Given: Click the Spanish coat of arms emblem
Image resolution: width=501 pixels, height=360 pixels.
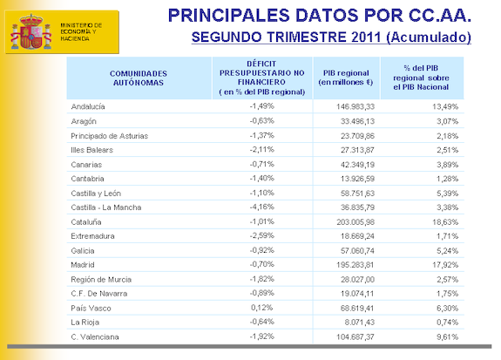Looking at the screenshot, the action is tap(31, 31).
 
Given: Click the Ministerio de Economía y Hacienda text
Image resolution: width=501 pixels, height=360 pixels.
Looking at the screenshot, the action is tap(81, 31).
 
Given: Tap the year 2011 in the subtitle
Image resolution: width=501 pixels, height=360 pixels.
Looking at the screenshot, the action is tap(366, 37).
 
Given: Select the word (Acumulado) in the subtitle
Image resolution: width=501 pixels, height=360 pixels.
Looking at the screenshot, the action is tap(429, 37).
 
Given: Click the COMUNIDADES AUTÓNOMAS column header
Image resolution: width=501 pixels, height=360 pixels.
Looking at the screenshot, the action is tap(139, 78).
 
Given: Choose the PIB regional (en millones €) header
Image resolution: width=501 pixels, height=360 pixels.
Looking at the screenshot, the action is tap(346, 78).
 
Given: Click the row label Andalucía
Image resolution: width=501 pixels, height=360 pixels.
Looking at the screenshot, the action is tap(88, 106).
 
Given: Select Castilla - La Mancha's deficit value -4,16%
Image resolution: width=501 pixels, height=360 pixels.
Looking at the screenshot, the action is tap(261, 207).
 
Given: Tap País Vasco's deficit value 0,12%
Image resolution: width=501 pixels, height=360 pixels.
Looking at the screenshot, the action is tap(261, 308).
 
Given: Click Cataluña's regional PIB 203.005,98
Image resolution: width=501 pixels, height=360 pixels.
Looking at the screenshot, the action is tap(355, 222).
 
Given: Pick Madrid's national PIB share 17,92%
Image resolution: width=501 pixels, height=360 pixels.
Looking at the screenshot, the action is tap(445, 265).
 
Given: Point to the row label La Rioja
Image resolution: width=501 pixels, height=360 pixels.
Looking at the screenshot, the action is tap(85, 323).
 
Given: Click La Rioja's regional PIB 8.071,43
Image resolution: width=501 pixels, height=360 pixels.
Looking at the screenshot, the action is tap(360, 323).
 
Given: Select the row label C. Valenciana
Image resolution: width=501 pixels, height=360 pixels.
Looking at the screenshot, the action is tap(95, 337).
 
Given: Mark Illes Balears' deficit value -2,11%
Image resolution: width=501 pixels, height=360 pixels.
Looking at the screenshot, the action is tap(261, 149).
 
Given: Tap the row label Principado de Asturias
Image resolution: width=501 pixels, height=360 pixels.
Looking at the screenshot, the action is tap(109, 136).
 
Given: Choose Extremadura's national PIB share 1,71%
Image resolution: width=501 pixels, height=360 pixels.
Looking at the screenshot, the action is tap(448, 236).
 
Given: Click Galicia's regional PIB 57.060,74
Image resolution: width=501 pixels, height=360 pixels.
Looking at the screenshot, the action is tap(357, 251).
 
